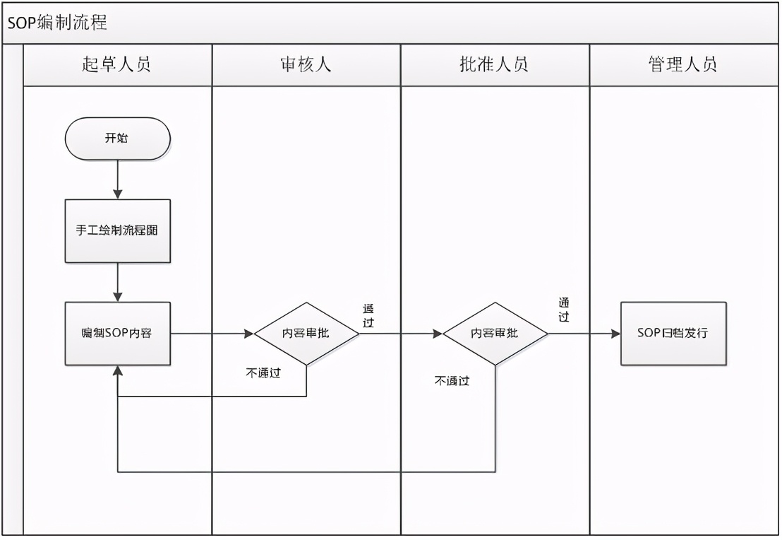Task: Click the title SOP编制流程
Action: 58,23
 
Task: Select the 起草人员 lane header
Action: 117,65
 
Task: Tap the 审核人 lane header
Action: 306,65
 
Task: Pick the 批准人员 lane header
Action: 494,65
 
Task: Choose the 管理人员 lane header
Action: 682,65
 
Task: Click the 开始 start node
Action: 117,139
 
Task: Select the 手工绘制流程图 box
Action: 117,231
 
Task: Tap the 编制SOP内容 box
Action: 117,334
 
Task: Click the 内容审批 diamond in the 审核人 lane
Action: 306,334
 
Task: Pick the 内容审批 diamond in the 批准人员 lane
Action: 495,334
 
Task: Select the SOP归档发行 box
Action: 673,334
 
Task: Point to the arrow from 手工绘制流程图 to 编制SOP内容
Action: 118,282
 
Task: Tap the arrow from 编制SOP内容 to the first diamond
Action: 212,334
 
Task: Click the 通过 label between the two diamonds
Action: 368,315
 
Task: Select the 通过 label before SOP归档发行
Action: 563,310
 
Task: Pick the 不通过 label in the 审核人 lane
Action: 263,374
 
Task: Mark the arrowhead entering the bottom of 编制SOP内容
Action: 118,371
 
